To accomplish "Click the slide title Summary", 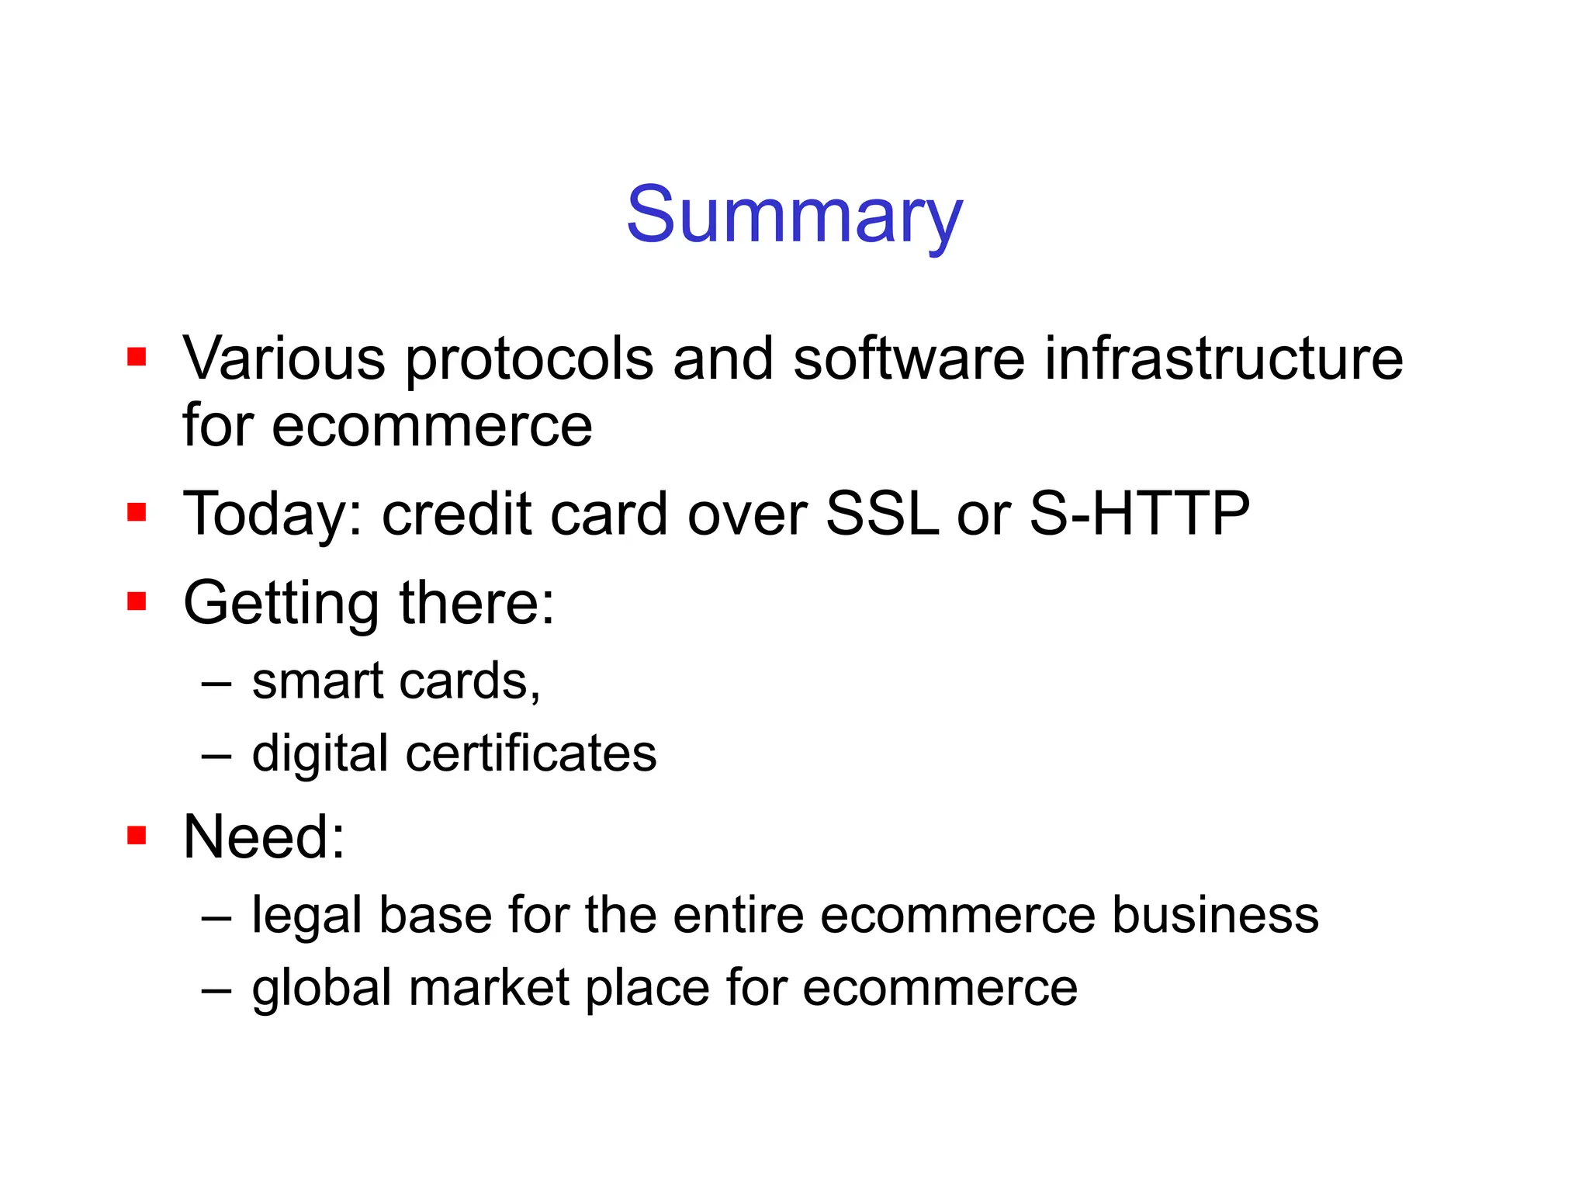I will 794,215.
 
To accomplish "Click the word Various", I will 283,359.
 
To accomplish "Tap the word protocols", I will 529,360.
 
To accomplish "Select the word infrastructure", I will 1224,359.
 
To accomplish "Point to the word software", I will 909,359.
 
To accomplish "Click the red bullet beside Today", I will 137,512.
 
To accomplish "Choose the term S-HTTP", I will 1139,514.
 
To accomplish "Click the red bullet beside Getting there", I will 137,601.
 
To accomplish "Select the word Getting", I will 281,605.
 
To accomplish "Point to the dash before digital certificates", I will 216,756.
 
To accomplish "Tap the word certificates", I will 531,754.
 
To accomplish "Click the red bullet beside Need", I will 137,835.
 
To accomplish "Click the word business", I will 1215,914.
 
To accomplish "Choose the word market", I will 490,987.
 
